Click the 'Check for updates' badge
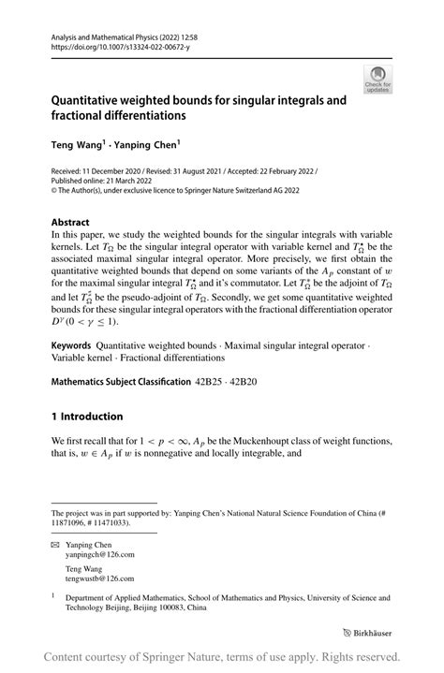coord(380,80)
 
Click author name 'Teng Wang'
coord(78,146)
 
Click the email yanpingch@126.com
coord(106,554)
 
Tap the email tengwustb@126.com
coord(106,579)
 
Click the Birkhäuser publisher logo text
coord(373,633)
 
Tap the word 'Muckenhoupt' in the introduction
coord(285,441)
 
